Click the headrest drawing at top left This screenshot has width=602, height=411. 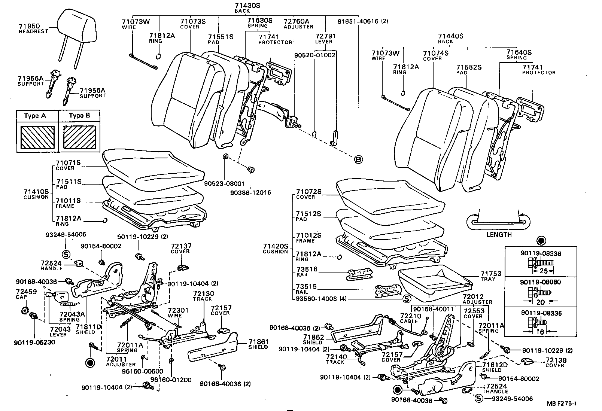77,28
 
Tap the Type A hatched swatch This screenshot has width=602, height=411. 37,137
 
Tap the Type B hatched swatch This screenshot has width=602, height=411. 79,137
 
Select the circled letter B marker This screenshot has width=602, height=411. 358,159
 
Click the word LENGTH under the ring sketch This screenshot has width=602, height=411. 499,235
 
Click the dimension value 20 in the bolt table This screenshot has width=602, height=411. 539,302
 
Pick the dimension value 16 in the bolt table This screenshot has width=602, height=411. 540,332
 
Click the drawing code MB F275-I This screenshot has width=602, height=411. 561,403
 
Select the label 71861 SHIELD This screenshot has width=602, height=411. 258,344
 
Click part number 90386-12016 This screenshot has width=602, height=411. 251,192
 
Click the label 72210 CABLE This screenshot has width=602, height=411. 411,318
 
